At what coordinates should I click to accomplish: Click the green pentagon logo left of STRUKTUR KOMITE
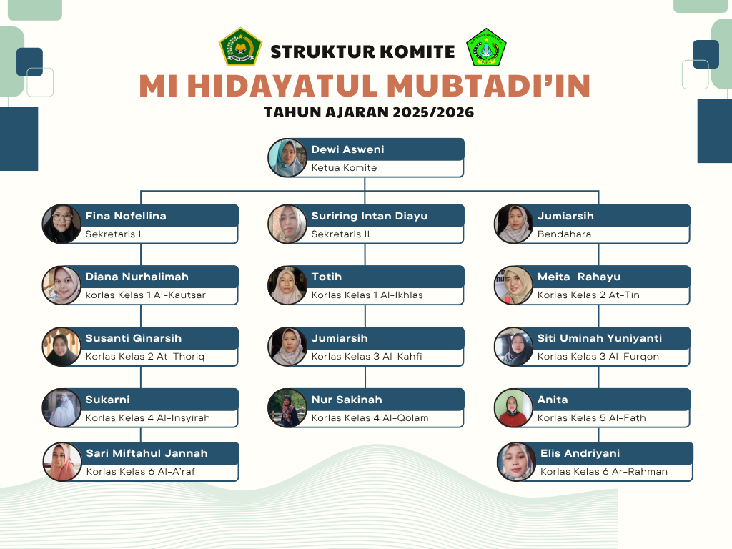pyautogui.click(x=240, y=46)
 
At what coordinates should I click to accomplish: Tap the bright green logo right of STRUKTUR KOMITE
pyautogui.click(x=486, y=47)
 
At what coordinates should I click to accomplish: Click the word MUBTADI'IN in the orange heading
pyautogui.click(x=489, y=86)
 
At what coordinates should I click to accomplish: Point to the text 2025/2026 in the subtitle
pyautogui.click(x=433, y=112)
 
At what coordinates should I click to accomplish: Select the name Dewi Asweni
pyautogui.click(x=348, y=149)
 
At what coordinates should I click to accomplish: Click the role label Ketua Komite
pyautogui.click(x=344, y=167)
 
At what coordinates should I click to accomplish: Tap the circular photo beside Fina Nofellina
pyautogui.click(x=61, y=224)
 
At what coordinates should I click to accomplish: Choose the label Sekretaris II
pyautogui.click(x=340, y=234)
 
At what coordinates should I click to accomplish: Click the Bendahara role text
pyautogui.click(x=564, y=234)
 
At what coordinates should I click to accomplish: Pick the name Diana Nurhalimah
pyautogui.click(x=137, y=277)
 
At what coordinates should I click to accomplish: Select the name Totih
pyautogui.click(x=326, y=277)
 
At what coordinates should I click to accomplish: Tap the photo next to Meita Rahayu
pyautogui.click(x=513, y=285)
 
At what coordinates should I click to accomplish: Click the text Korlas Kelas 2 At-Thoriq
pyautogui.click(x=144, y=356)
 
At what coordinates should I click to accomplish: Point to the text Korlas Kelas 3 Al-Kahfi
pyautogui.click(x=367, y=356)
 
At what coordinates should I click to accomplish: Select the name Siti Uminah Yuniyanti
pyautogui.click(x=600, y=338)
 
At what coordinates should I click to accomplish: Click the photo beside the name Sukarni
pyautogui.click(x=61, y=408)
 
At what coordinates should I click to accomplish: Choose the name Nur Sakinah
pyautogui.click(x=347, y=400)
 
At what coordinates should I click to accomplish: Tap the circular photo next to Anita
pyautogui.click(x=513, y=408)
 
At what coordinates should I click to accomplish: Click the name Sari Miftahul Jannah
pyautogui.click(x=147, y=453)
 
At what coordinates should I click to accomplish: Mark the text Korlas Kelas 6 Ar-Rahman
pyautogui.click(x=603, y=472)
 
